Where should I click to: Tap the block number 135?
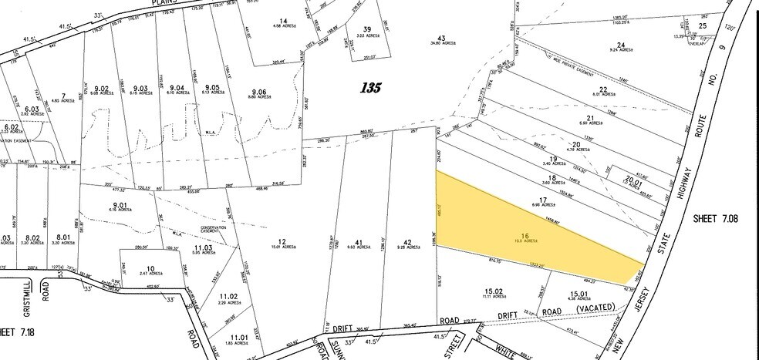tap(370, 88)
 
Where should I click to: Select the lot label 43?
tap(441, 39)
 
